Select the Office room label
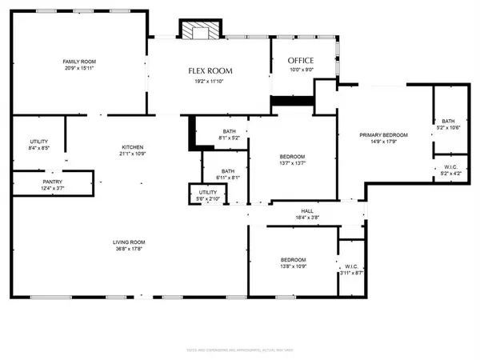pyautogui.click(x=301, y=61)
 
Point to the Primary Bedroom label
pyautogui.click(x=383, y=135)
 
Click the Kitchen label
pyautogui.click(x=132, y=147)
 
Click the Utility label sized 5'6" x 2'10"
pyautogui.click(x=207, y=192)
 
